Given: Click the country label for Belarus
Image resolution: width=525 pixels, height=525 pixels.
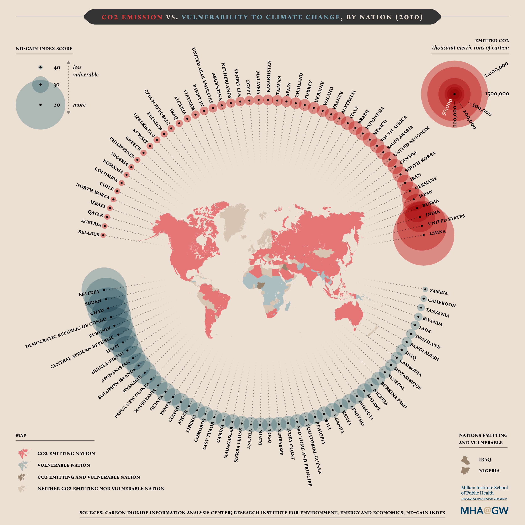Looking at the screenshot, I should (89, 233).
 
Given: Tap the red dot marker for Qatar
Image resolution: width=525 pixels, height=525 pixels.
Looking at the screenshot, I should (107, 217).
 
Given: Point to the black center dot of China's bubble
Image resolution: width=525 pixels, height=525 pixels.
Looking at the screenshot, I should (424, 235).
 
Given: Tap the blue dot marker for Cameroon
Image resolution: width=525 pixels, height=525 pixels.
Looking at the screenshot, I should (424, 299).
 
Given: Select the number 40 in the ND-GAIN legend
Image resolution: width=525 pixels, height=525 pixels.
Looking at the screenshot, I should (57, 68).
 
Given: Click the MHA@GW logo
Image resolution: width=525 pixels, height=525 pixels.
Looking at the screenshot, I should (484, 510).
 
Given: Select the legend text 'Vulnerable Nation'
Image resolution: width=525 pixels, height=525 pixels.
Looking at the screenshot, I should (64, 465).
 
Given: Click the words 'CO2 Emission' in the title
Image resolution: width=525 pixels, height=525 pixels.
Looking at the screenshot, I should (132, 17).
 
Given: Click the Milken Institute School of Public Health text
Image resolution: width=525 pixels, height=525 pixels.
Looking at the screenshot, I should (484, 490).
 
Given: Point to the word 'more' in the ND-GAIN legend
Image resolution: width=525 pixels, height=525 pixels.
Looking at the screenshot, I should (79, 105).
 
